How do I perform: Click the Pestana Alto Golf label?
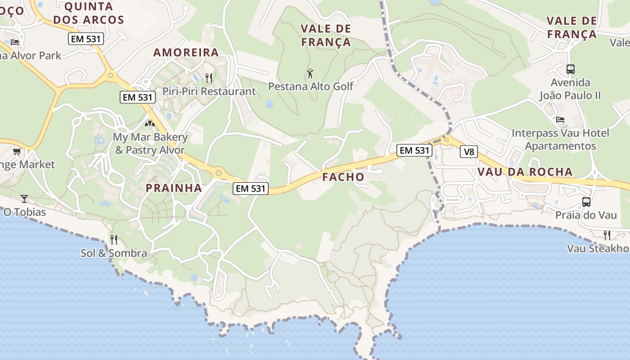click(x=311, y=85)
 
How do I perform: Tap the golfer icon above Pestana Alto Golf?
click(x=310, y=73)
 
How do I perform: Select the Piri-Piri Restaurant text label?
click(x=209, y=91)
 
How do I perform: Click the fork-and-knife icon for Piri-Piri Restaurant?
click(x=208, y=78)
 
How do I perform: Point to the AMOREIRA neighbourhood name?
click(x=186, y=53)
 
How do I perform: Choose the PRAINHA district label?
click(x=174, y=188)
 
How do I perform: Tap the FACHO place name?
click(x=343, y=177)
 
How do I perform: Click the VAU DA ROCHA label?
click(x=525, y=171)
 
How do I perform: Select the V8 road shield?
click(x=468, y=152)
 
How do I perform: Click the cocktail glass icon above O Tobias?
click(x=24, y=198)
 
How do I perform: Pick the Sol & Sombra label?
click(x=114, y=253)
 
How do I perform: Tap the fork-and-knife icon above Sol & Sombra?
click(x=114, y=239)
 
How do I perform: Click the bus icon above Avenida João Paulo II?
click(x=570, y=69)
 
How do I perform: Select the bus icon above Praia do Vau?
click(x=586, y=202)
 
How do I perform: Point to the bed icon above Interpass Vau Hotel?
click(x=560, y=120)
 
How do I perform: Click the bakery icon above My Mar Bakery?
click(x=150, y=123)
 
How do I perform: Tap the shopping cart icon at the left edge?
click(x=17, y=152)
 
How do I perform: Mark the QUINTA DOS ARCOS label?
click(x=94, y=13)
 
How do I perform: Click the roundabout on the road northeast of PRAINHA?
click(x=219, y=172)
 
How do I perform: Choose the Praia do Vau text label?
click(x=586, y=215)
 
